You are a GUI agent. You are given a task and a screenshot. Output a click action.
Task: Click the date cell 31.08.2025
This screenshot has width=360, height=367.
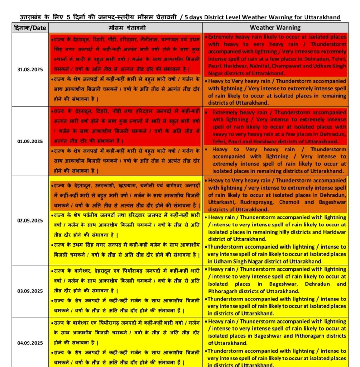tap(30, 70)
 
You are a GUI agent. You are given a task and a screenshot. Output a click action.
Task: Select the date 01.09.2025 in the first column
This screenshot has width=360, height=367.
tap(30, 141)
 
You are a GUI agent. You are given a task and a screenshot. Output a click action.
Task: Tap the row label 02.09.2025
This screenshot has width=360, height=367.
tap(30, 220)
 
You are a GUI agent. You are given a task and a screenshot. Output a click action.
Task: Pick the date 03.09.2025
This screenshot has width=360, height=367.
tap(30, 291)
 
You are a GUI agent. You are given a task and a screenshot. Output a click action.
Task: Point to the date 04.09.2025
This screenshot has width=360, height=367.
tap(30, 343)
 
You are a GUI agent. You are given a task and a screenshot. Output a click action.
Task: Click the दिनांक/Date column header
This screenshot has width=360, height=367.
tap(30, 28)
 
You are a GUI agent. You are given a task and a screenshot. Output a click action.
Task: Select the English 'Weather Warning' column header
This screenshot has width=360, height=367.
tap(275, 28)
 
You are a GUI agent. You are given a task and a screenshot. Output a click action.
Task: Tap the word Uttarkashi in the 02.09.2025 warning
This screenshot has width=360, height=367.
tap(222, 202)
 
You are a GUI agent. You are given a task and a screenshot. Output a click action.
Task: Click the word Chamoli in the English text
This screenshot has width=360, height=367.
tap(293, 202)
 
